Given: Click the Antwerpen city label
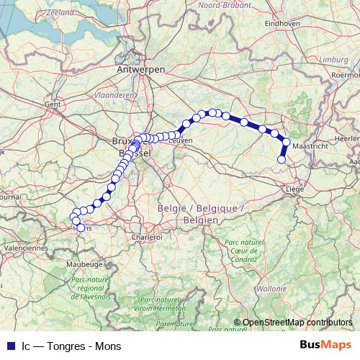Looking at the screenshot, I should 140,69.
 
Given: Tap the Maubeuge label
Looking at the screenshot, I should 84,264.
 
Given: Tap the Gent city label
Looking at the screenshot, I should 52,104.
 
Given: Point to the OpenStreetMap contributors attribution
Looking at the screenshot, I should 297,322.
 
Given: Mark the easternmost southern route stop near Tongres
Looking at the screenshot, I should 282,160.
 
